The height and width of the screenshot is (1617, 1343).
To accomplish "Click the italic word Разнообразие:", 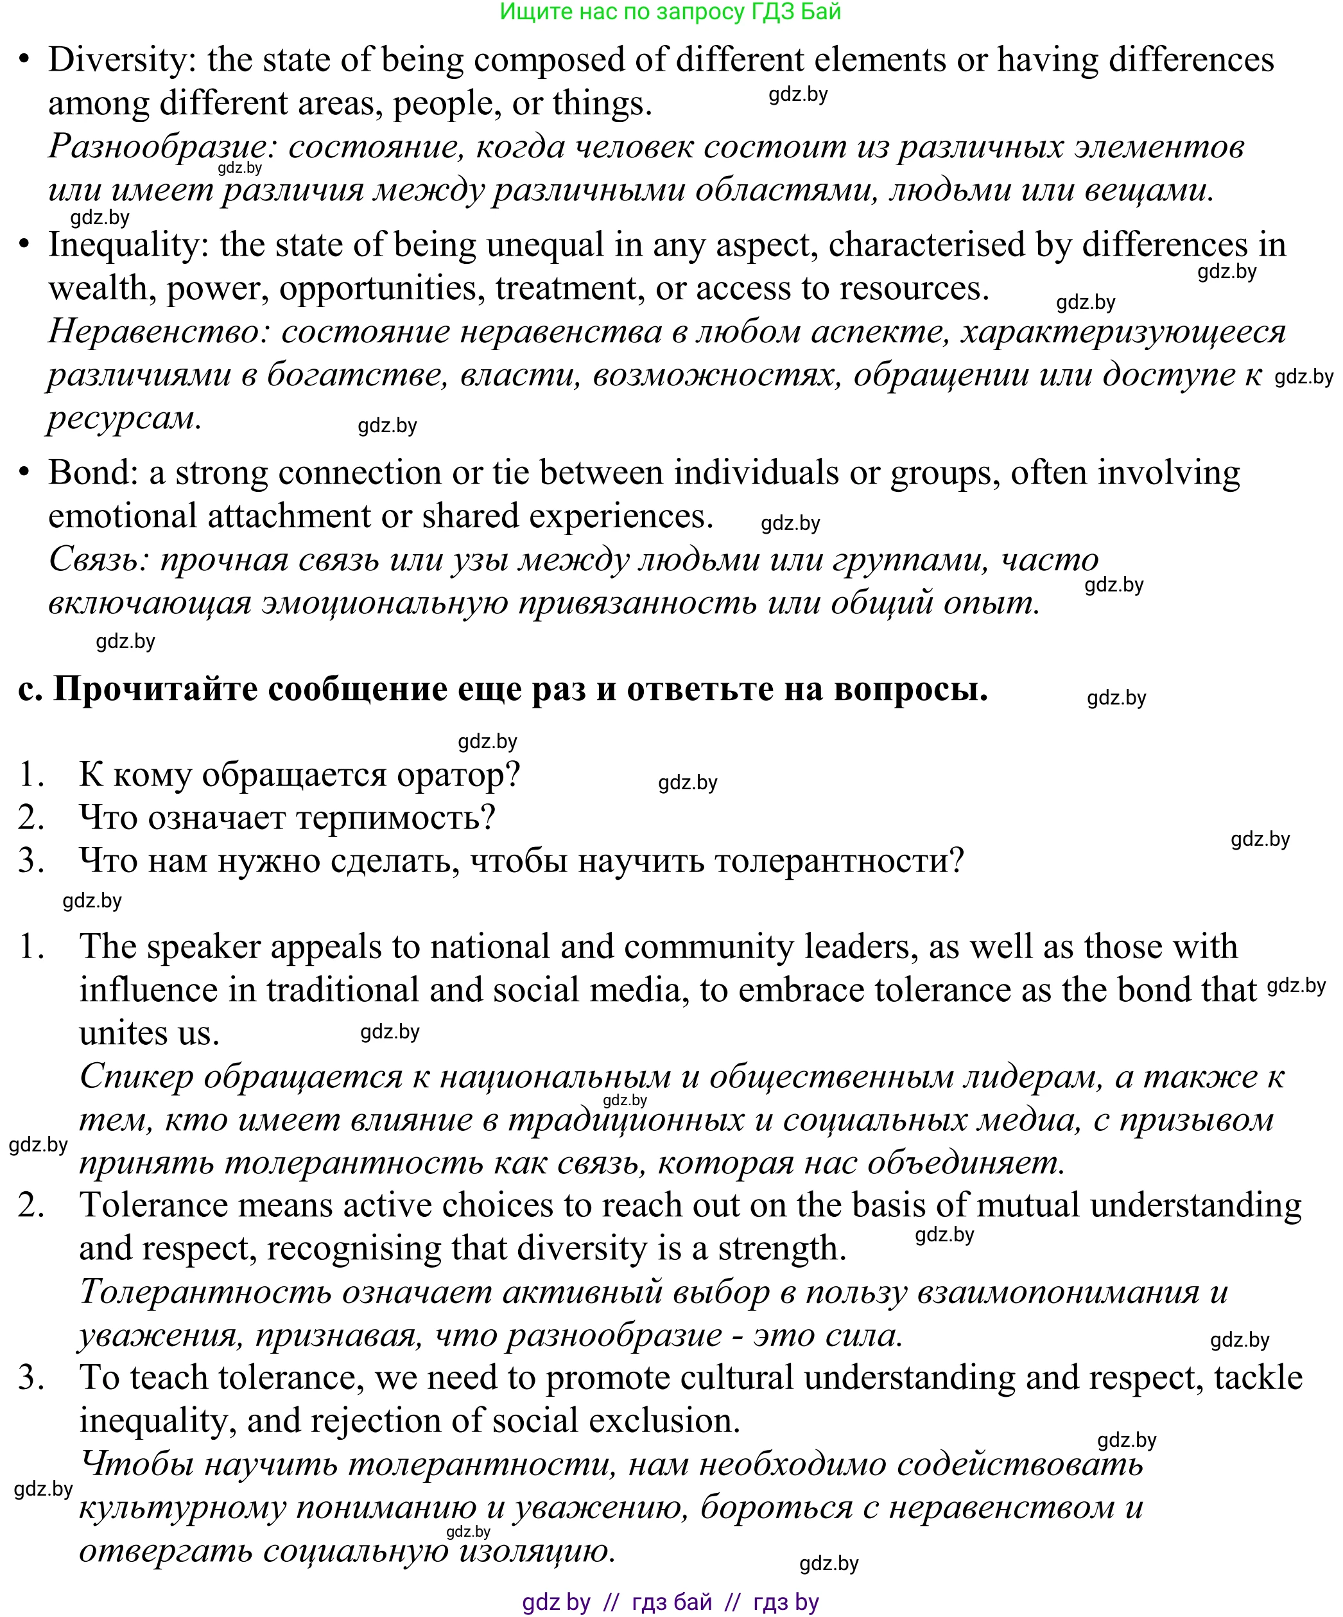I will (158, 147).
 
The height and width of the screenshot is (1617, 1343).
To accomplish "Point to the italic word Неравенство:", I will (159, 332).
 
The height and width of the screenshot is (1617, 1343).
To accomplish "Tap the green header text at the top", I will (670, 12).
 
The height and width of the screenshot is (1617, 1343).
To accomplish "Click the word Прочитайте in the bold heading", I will (155, 688).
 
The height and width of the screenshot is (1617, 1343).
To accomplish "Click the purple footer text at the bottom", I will (670, 1602).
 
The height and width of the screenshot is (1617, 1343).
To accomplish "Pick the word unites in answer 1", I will (123, 1033).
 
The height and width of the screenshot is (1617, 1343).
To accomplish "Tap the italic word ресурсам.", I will (124, 419).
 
